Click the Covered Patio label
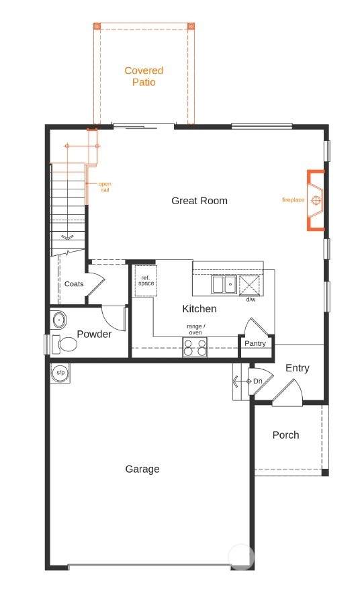click(144, 77)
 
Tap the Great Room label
click(199, 201)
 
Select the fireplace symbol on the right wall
click(316, 200)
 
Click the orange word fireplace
click(293, 200)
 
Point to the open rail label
click(105, 187)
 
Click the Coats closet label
click(74, 284)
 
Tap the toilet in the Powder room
click(64, 344)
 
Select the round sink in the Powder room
click(59, 320)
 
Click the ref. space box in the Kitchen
click(146, 281)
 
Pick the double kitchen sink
click(224, 284)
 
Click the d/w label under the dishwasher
click(251, 300)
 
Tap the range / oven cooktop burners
click(195, 347)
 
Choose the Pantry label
click(255, 343)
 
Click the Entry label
click(298, 368)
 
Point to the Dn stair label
click(258, 381)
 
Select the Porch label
click(286, 435)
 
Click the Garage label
click(142, 469)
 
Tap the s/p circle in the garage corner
click(60, 373)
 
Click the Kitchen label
click(199, 309)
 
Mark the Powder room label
click(94, 334)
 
